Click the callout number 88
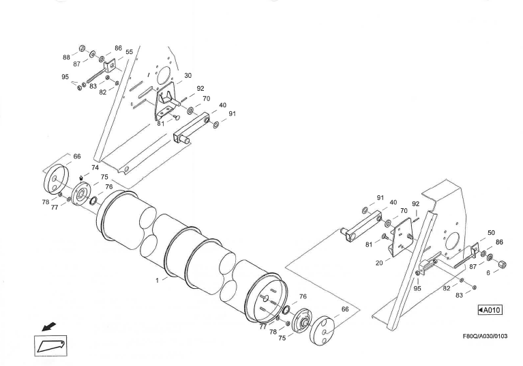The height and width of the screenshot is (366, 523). pos(65,57)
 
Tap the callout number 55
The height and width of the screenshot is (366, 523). pos(129,52)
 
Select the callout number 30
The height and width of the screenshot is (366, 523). pos(188,76)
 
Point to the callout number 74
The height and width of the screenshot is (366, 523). pos(95,167)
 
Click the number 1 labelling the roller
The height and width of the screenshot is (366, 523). pos(158,281)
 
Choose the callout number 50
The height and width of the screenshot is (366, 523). pos(491,233)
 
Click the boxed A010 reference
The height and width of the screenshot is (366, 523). pos(490,310)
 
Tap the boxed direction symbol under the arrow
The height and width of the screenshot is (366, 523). pos(50,346)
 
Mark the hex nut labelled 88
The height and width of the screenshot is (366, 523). pos(81,48)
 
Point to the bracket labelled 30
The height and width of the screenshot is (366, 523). pos(166,102)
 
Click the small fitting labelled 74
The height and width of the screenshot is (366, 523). pos(81,180)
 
